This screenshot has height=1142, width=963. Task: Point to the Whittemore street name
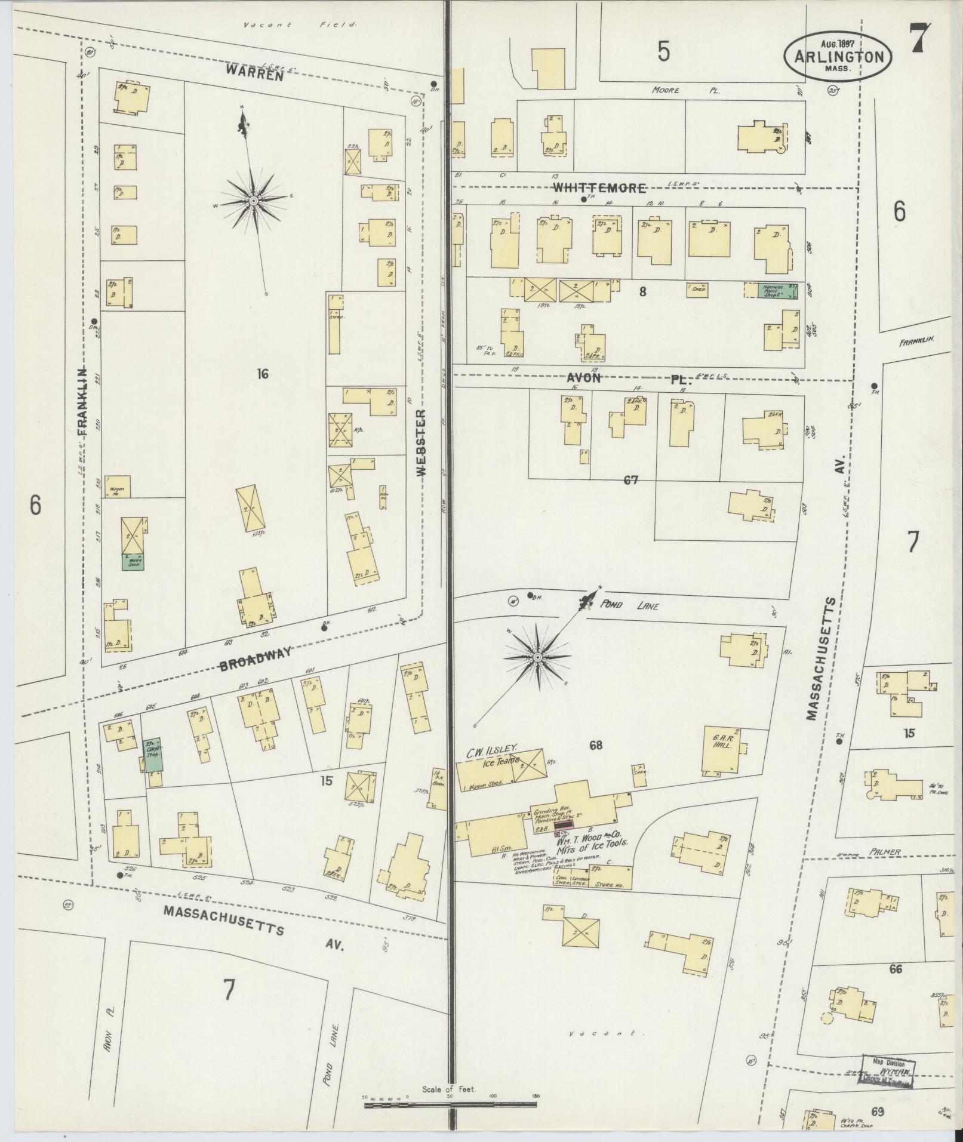click(x=599, y=188)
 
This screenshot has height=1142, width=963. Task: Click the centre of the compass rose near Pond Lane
click(x=537, y=657)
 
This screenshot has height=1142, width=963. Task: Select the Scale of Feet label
click(x=448, y=1089)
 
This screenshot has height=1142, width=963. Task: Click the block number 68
click(x=595, y=745)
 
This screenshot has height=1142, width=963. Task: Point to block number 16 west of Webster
click(x=263, y=374)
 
